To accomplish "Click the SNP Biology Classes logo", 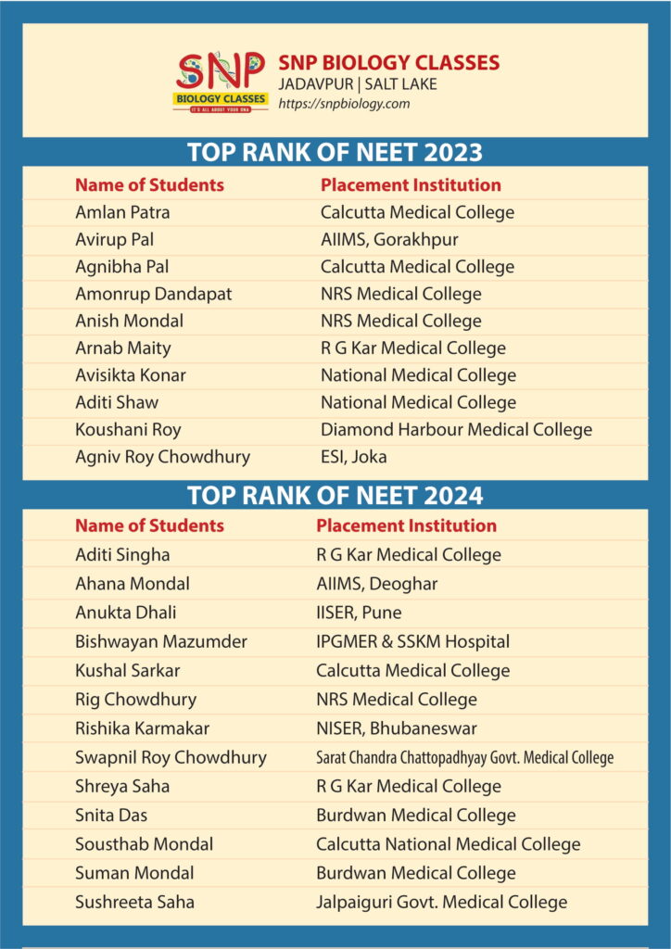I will click(x=221, y=82).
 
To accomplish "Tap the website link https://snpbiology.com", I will click(x=344, y=104).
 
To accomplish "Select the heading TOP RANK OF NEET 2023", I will click(x=335, y=152).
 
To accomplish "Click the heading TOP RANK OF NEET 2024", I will click(x=335, y=495).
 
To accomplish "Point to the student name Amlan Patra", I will click(x=122, y=212).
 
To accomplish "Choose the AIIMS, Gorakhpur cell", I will click(x=389, y=239).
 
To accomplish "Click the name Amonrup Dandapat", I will click(x=153, y=294).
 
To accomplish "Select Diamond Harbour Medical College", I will click(x=456, y=429).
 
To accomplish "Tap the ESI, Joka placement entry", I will click(x=354, y=456).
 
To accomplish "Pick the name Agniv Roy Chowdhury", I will click(x=162, y=456).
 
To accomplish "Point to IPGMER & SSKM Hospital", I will click(x=412, y=641).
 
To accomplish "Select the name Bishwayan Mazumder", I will click(x=161, y=641).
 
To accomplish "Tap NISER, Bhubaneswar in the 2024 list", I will click(x=397, y=728).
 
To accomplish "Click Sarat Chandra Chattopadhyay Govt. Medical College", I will click(x=464, y=757).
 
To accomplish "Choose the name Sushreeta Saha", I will click(x=134, y=902).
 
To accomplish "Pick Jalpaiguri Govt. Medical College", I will click(x=441, y=902).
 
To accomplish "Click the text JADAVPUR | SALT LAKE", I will click(x=358, y=84).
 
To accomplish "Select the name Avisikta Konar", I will click(x=131, y=375).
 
